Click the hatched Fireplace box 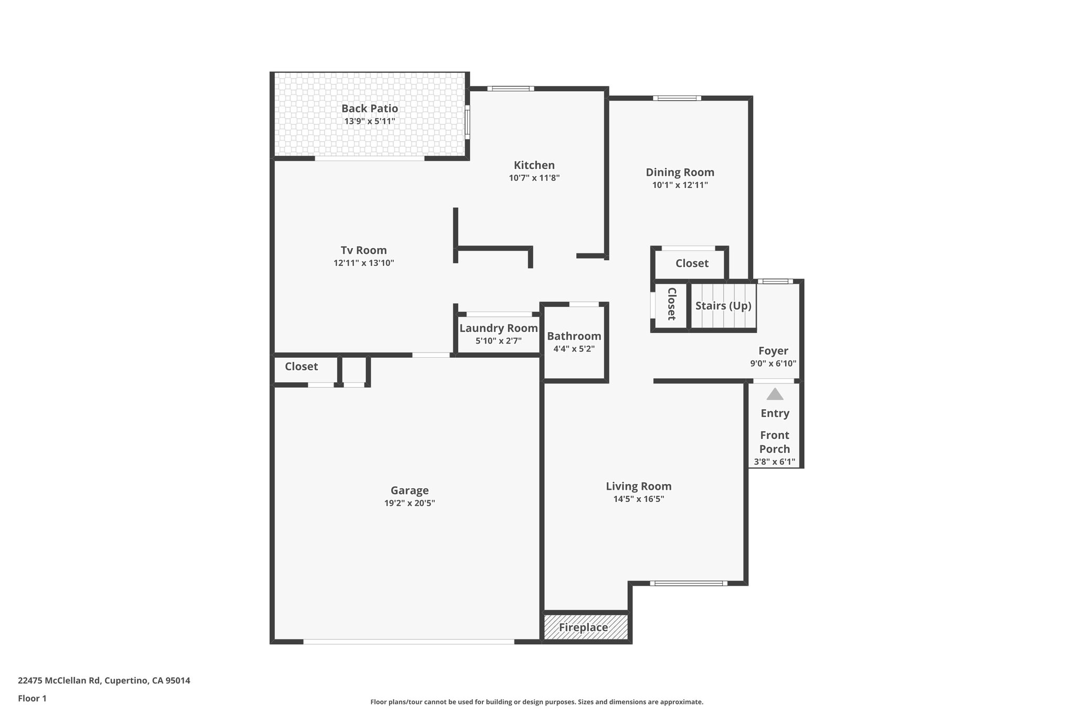coord(585,627)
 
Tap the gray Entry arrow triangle coord(775,394)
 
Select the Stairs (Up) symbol coord(723,306)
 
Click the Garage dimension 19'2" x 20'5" coord(410,503)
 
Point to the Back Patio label coord(370,109)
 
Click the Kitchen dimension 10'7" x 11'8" coord(534,178)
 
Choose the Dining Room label coord(680,172)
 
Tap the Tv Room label coord(363,250)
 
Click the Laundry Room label coord(498,328)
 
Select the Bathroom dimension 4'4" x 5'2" coord(574,349)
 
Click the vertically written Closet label coord(671,304)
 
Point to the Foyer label coord(773,351)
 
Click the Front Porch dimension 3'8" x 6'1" coord(775,462)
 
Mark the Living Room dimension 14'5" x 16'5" coord(638,499)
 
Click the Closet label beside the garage coord(301,367)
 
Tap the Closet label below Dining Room coord(692,263)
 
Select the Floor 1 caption coord(32,699)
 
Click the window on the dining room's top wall coord(677,98)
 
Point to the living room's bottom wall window coord(689,583)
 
